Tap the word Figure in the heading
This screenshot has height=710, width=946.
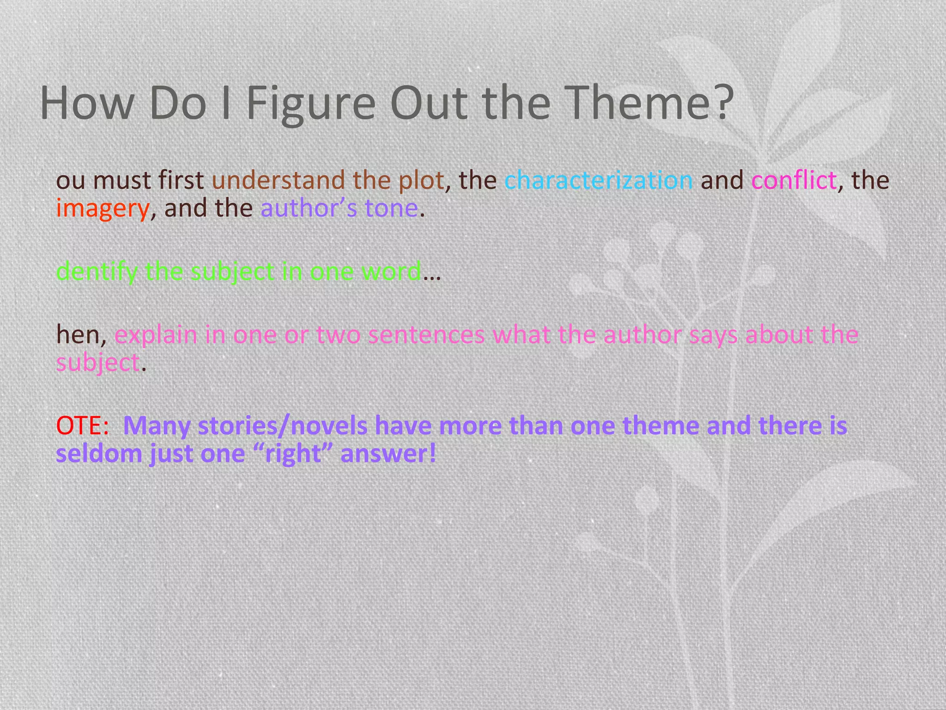click(x=310, y=104)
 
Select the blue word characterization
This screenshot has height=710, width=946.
click(x=599, y=180)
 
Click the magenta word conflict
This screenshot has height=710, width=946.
click(x=794, y=180)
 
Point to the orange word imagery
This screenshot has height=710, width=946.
click(x=103, y=209)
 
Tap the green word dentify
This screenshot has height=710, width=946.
click(x=96, y=272)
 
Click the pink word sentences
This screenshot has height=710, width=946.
click(x=426, y=335)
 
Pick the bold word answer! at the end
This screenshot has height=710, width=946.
click(x=388, y=454)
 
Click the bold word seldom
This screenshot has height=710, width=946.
click(x=99, y=454)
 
